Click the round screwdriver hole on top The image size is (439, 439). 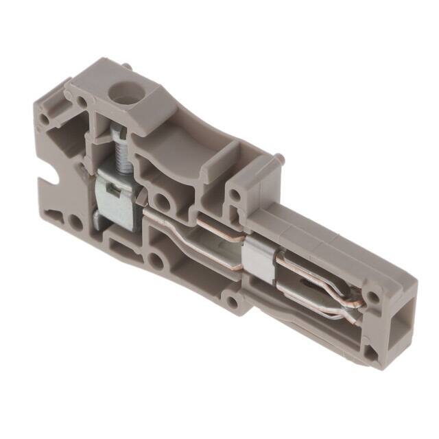[126, 90]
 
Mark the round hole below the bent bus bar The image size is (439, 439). [158, 261]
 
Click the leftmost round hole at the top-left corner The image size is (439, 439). [44, 119]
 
